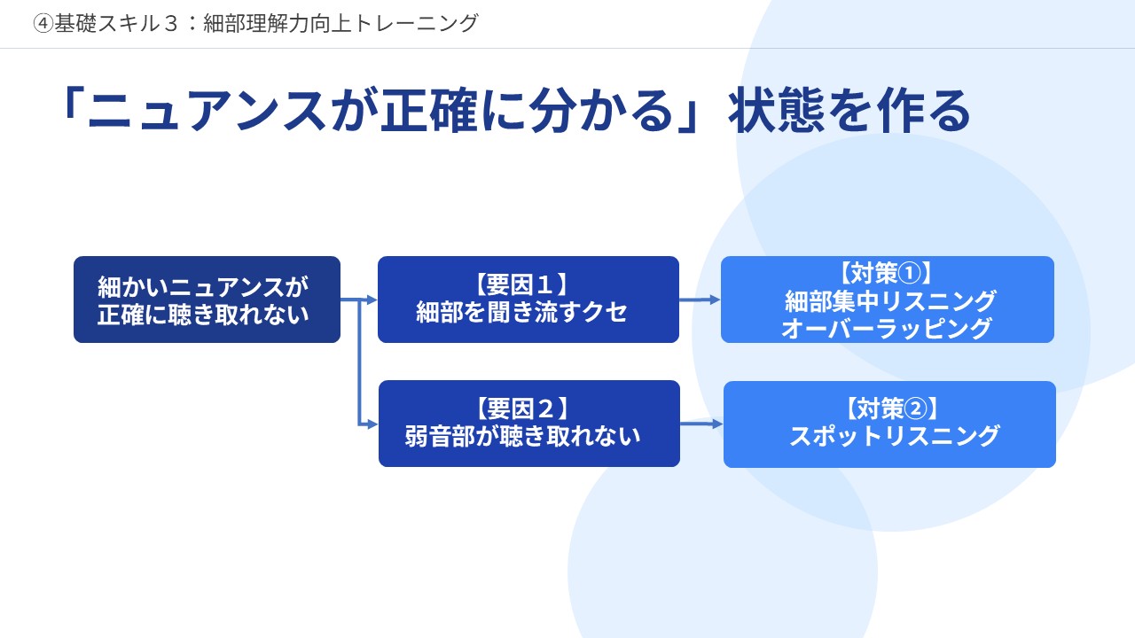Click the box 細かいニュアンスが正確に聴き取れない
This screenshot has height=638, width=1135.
[207, 300]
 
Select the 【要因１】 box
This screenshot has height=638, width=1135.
[528, 300]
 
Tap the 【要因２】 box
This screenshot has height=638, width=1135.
[528, 424]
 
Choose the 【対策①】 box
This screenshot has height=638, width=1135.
[887, 300]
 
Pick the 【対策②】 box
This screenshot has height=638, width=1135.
[889, 424]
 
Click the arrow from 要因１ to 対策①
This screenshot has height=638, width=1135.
[700, 300]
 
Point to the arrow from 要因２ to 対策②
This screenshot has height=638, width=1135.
[701, 424]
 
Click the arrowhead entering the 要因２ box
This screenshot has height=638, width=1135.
[372, 424]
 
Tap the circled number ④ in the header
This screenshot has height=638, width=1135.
[43, 24]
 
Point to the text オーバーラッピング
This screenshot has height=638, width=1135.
[887, 329]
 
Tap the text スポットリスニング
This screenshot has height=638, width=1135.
[895, 436]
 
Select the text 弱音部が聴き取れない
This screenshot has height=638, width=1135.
[523, 436]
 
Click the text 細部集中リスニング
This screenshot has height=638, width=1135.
[891, 301]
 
